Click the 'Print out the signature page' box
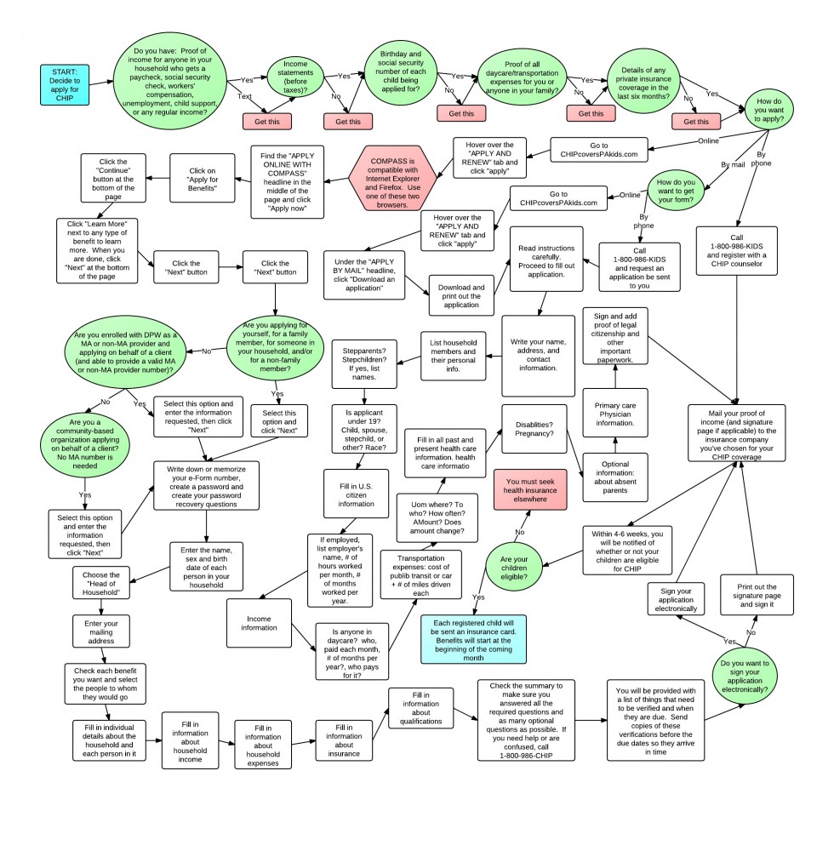[757, 594]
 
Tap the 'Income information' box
[260, 621]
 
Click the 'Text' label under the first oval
[244, 96]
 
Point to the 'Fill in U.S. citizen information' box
[357, 493]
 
